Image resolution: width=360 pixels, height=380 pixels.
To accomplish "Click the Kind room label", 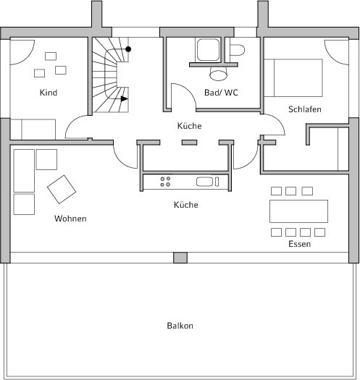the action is (49, 93).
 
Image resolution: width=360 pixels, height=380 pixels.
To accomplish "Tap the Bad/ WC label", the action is (221, 93).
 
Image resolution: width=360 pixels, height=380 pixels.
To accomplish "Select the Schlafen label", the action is (305, 109).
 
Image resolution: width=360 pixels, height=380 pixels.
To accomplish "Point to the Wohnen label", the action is (70, 219).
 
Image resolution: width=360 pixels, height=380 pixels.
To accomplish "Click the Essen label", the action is (300, 244).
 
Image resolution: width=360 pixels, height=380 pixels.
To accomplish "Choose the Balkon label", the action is (180, 326).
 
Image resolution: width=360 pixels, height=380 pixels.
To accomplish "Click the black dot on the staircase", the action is (128, 49).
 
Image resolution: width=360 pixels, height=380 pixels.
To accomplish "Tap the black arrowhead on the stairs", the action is (124, 99).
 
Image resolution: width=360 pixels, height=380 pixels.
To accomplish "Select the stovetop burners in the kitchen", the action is (165, 182).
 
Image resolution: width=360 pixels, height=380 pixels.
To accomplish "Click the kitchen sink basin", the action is (204, 182).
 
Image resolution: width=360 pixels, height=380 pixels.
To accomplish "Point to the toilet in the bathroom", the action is (237, 50).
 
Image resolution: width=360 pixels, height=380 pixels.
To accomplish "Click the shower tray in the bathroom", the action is (208, 50).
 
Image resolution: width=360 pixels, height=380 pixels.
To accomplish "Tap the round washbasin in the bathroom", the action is (218, 73).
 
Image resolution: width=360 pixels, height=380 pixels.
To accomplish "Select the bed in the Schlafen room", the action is (293, 77).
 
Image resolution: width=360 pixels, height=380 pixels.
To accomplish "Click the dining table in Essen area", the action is (298, 211).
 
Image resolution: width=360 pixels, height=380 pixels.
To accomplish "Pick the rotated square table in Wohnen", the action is (62, 189).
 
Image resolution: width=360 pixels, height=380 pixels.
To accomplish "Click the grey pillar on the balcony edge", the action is (180, 258).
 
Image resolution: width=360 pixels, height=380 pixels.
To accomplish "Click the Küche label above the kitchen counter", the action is (190, 126).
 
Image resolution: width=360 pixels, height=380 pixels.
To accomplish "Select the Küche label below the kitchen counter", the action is (186, 205).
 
